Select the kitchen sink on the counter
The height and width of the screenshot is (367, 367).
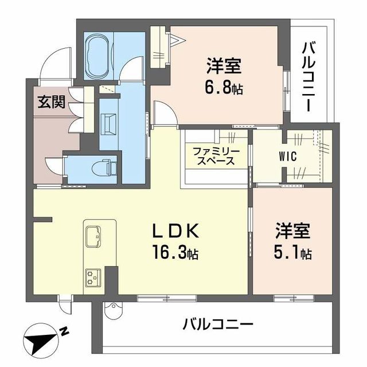(x=94, y=237)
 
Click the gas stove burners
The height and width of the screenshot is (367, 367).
(x=92, y=276)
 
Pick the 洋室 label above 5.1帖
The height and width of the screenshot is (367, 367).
(x=292, y=232)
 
